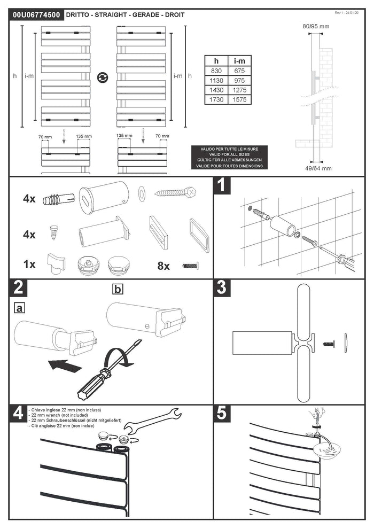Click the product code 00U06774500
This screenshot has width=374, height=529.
tap(35, 15)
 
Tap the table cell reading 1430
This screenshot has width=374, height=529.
tap(216, 90)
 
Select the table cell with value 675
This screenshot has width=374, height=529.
tap(238, 70)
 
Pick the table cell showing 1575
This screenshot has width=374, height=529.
tap(238, 100)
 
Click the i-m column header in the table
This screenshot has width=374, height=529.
tap(238, 60)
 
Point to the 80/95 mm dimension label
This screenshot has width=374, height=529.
tap(316, 25)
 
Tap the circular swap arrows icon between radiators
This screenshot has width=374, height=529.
tap(102, 77)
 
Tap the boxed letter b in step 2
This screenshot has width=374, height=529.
tap(118, 289)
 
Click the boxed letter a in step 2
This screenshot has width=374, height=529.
tap(20, 307)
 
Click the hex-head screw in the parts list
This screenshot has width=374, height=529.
tap(174, 192)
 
